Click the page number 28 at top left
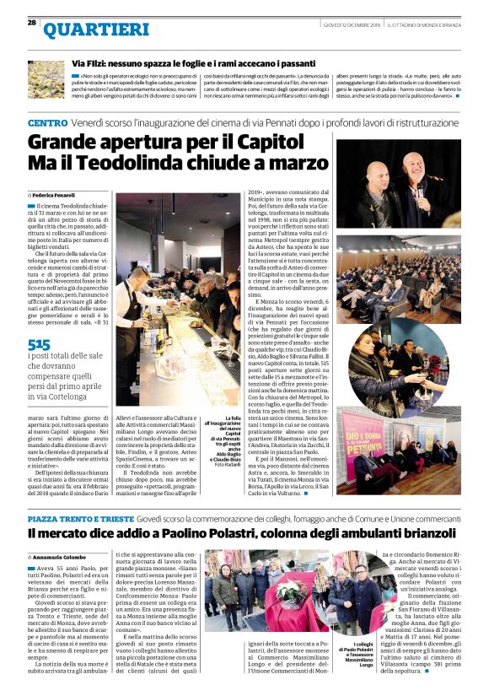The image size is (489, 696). (x=32, y=22)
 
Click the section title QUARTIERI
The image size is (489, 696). (x=83, y=30)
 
